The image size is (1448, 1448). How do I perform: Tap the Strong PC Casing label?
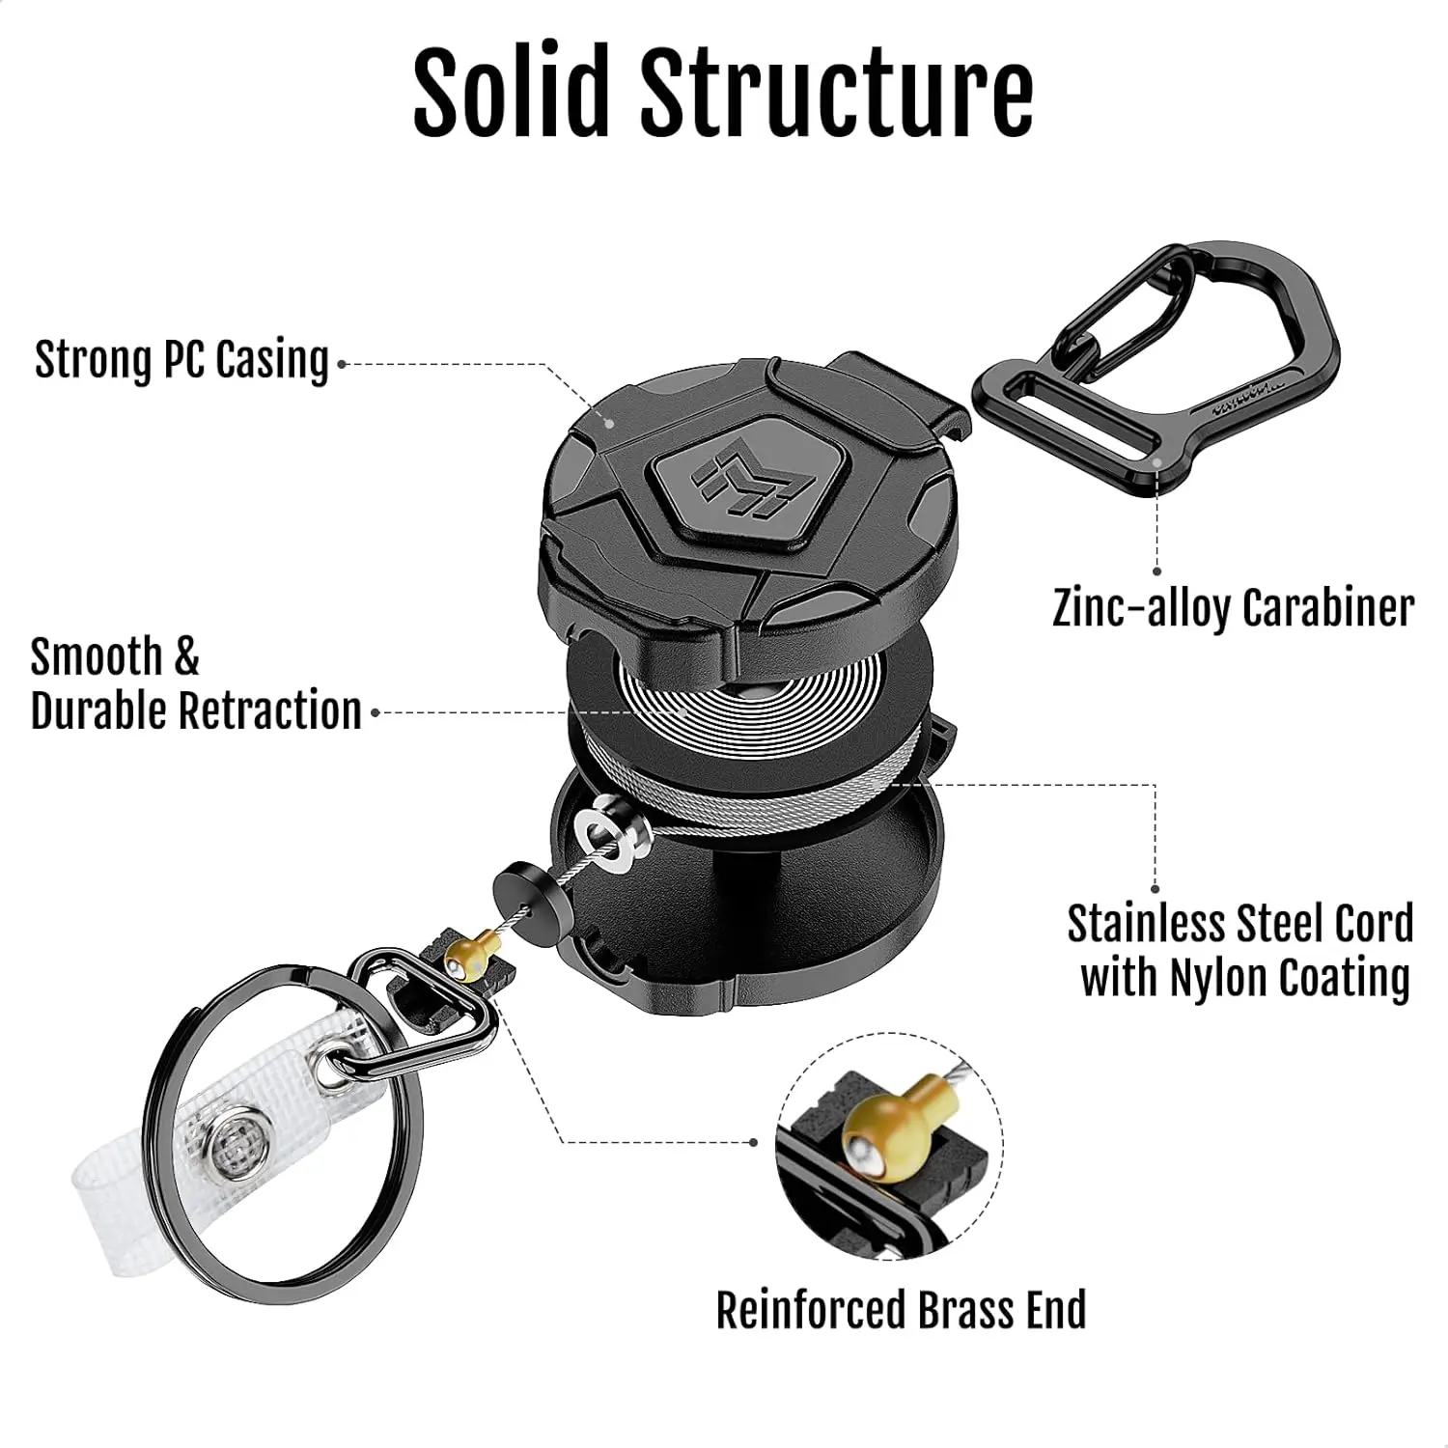coord(181,360)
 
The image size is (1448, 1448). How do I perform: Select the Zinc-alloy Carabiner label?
coord(1233,608)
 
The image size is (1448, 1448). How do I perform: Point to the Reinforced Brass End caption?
coord(901,1310)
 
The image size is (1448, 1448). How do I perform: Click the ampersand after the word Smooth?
coord(185,657)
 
